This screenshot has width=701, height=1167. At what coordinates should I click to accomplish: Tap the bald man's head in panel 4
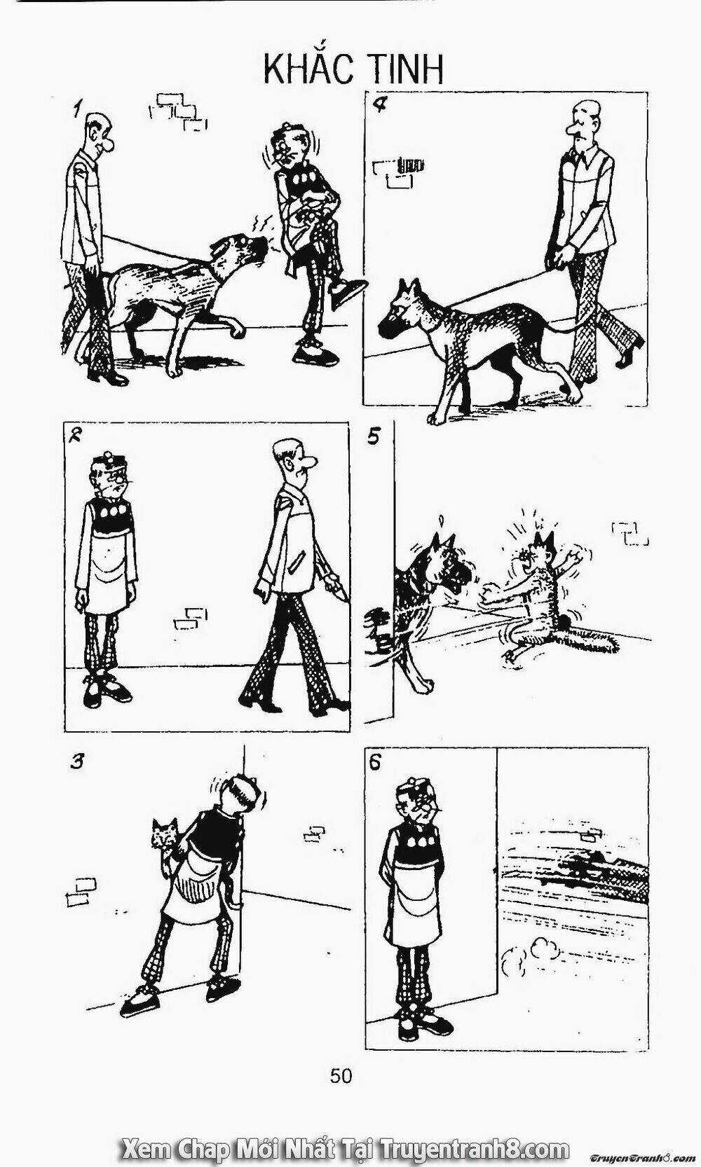(x=583, y=123)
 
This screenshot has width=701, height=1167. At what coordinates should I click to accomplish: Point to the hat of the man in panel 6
(x=417, y=785)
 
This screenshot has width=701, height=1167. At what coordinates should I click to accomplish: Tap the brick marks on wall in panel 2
(x=191, y=619)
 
